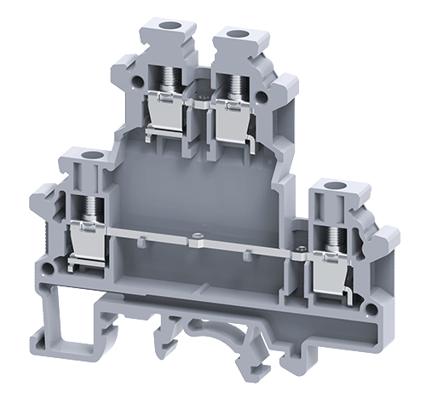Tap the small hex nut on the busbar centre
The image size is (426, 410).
(x=198, y=237)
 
